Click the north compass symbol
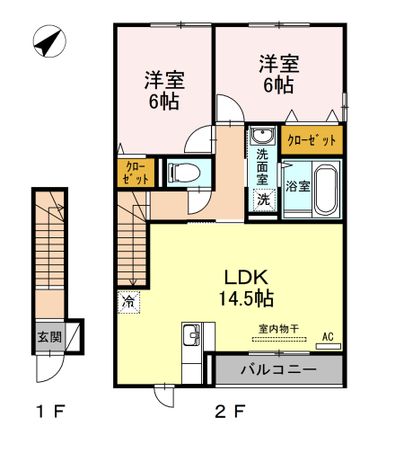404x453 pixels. pyautogui.click(x=49, y=41)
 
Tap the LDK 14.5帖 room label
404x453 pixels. pyautogui.click(x=246, y=288)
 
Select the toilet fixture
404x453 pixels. pyautogui.click(x=184, y=173)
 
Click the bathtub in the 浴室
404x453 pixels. pyautogui.click(x=326, y=190)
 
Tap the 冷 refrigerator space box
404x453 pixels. pyautogui.click(x=128, y=302)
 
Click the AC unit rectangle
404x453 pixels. pyautogui.click(x=329, y=346)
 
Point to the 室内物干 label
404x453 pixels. pyautogui.click(x=279, y=329)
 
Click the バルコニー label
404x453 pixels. pyautogui.click(x=278, y=369)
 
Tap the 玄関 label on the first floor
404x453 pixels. pyautogui.click(x=49, y=337)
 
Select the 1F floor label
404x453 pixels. pyautogui.click(x=50, y=411)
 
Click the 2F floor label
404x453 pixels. pyautogui.click(x=231, y=411)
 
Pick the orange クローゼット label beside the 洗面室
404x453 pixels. pyautogui.click(x=312, y=140)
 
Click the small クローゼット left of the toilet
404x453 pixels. pyautogui.click(x=136, y=173)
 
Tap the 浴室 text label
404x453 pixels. pyautogui.click(x=297, y=186)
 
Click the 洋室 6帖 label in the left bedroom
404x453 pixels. pyautogui.click(x=164, y=90)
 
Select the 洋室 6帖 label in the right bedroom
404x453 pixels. pyautogui.click(x=279, y=75)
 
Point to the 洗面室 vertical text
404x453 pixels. pyautogui.click(x=262, y=167)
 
